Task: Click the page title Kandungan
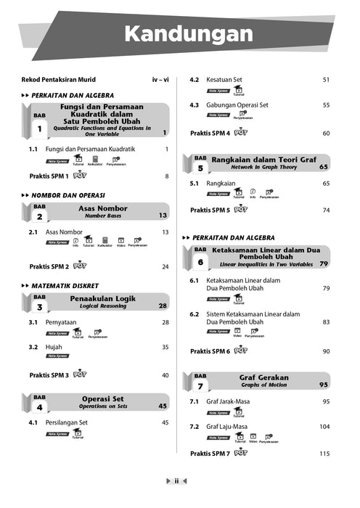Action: click(187, 34)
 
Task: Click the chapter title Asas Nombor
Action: click(102, 208)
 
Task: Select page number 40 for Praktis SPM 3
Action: click(165, 375)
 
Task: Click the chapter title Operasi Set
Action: click(102, 398)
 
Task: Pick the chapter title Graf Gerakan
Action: click(263, 377)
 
